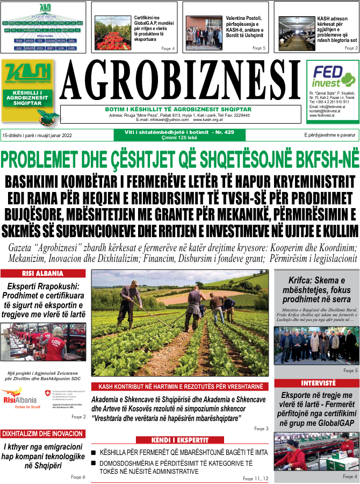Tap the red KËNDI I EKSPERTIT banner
[x=180, y=439]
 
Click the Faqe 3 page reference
[x=260, y=429]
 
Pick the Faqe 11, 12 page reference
[x=255, y=478]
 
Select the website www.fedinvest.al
[x=322, y=115]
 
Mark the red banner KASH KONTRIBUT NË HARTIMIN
[x=180, y=387]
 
